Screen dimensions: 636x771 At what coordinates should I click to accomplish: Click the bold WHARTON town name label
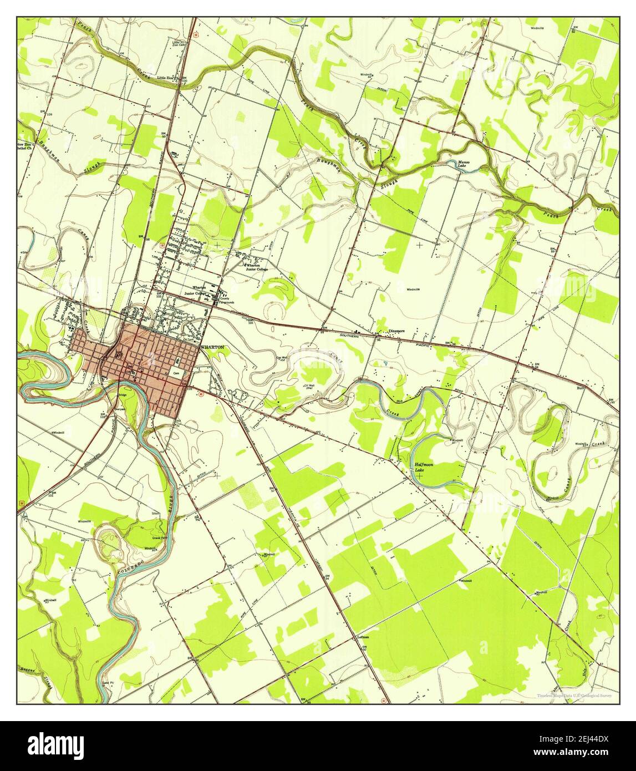click(213, 346)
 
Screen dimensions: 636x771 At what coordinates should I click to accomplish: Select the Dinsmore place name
click(396, 331)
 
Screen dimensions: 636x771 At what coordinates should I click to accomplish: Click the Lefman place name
click(364, 637)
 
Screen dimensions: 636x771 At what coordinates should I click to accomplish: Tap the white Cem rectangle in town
click(177, 374)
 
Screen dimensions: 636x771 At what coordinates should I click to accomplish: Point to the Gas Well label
click(282, 358)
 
